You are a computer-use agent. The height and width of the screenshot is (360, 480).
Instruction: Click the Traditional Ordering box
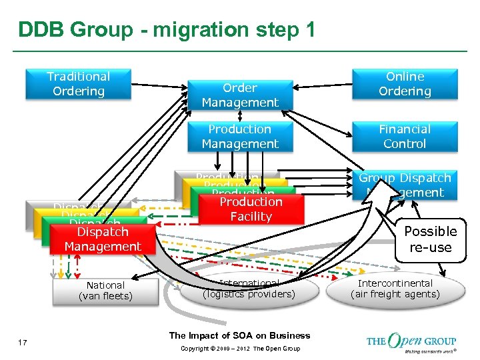pos(78,84)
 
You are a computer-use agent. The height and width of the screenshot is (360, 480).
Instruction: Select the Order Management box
pos(240,95)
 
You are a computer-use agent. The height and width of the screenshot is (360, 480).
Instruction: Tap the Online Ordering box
pos(405,84)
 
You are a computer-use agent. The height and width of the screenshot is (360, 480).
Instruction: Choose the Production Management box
pos(240,137)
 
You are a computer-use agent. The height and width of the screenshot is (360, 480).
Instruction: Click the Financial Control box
pos(405,137)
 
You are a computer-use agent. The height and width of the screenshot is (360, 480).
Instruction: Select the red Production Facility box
pos(251,209)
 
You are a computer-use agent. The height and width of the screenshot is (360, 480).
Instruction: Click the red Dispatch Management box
pos(103,239)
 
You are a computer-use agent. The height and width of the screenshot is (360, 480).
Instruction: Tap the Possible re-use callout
pos(430,239)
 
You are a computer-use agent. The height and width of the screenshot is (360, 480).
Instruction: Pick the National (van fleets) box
pos(105,291)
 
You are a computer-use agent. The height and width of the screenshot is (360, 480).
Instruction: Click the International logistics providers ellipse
pos(248,289)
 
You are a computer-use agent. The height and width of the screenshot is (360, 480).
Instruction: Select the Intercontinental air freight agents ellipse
pos(395,289)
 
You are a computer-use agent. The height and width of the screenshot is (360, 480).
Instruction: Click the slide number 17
pos(23,342)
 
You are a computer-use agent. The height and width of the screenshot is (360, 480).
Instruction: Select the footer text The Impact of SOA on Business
pos(239,335)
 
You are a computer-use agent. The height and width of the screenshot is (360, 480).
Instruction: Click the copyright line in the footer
pos(239,349)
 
